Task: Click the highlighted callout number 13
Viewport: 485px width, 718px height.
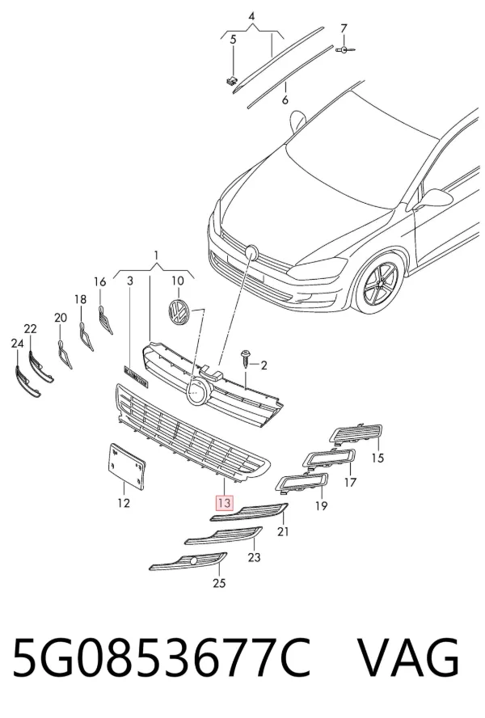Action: [224, 503]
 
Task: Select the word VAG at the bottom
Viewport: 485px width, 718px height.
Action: [407, 658]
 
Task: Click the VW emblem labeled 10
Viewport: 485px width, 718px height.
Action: [178, 312]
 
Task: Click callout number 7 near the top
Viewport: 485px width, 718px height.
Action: [344, 28]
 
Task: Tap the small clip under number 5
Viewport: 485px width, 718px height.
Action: [232, 81]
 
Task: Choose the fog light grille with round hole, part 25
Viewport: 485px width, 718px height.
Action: [188, 561]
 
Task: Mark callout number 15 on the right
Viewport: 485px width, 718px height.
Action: [377, 458]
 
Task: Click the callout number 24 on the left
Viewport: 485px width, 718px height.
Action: [17, 344]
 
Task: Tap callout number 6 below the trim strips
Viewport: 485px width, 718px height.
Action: [285, 99]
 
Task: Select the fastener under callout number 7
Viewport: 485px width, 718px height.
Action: [345, 49]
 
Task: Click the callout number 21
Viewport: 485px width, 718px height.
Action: [283, 531]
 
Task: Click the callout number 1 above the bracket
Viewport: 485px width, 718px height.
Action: [156, 255]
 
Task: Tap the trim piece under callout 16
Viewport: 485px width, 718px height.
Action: [105, 319]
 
